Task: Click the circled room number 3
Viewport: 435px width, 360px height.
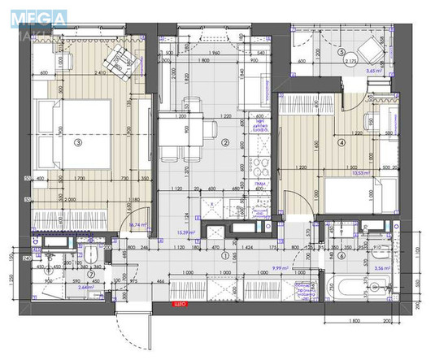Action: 78,143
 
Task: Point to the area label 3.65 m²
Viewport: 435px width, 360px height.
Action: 375,72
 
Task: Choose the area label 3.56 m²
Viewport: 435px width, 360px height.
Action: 380,267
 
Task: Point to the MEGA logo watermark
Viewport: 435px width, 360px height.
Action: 28,14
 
